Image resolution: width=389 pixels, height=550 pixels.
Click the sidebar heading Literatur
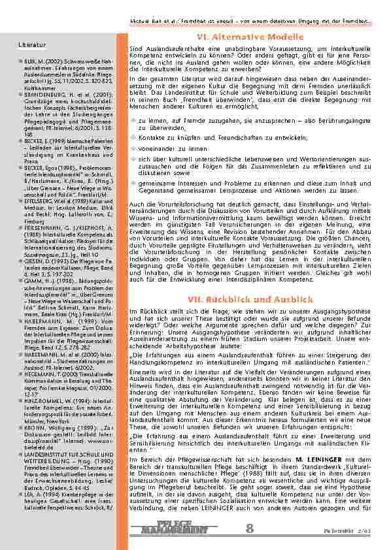(31, 46)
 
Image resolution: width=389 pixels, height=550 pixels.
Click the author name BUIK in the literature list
(31, 61)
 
